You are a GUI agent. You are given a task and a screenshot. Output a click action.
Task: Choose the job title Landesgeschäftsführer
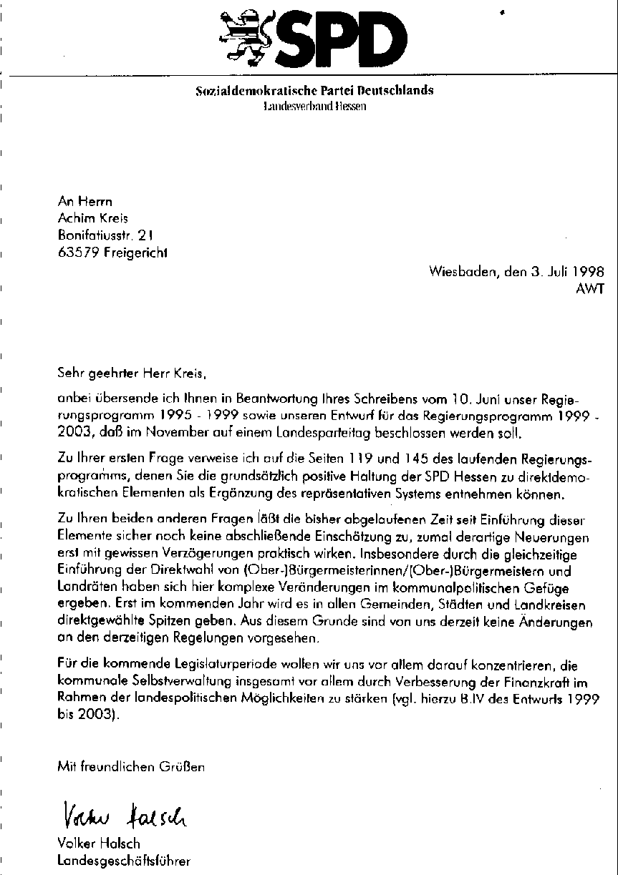click(124, 861)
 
